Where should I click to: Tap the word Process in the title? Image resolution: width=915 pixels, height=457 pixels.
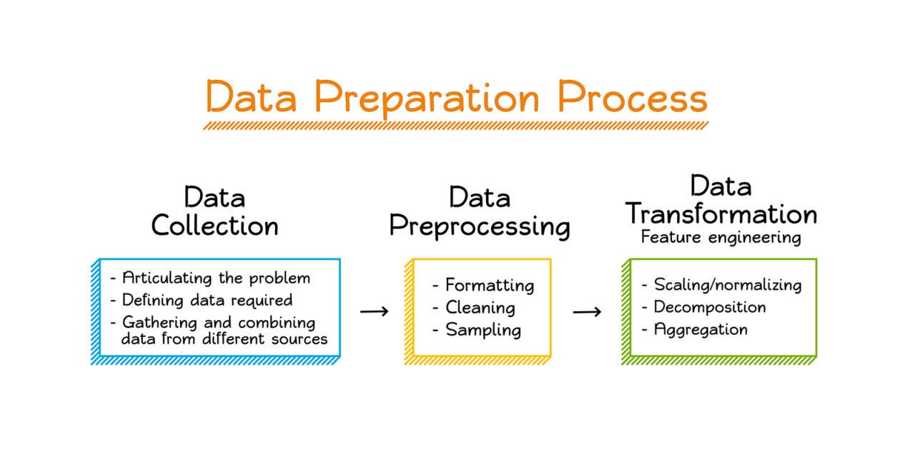point(633,96)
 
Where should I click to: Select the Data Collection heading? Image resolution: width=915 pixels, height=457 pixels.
point(215,211)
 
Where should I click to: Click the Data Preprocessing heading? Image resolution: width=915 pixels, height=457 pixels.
point(480,212)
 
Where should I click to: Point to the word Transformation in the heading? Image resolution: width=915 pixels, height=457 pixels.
point(721,214)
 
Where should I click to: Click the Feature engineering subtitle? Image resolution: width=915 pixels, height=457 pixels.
point(721,238)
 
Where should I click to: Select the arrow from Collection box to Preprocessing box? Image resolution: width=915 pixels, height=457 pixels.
point(374,312)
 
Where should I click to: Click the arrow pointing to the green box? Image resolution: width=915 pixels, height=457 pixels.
point(587,312)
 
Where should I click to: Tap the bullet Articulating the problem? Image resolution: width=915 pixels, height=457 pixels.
point(216,278)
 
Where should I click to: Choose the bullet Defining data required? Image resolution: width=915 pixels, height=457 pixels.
point(207,301)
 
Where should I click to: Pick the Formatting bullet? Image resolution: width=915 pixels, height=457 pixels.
point(490,285)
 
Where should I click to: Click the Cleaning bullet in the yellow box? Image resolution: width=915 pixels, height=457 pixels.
point(480,308)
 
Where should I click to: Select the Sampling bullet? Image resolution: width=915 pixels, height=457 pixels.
point(483,330)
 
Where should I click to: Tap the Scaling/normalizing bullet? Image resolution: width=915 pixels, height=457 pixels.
point(728,285)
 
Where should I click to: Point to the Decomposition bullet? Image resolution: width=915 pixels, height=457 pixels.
point(710,307)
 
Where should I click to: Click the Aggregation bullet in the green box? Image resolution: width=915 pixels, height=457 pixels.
point(701,330)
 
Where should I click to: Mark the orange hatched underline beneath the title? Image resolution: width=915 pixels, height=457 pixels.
point(456,126)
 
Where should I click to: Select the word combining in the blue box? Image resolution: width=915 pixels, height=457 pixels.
point(277,323)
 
